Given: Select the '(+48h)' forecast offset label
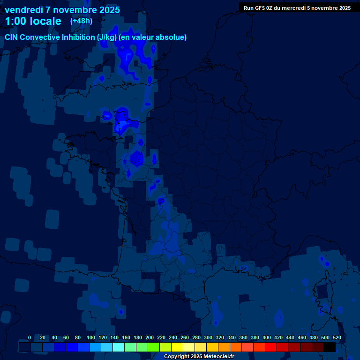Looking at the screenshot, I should click(x=81, y=21).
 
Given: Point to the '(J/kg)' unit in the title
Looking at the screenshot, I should click(x=107, y=37).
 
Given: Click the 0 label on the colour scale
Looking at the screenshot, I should click(x=30, y=337).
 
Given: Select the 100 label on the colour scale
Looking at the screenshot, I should click(x=91, y=337).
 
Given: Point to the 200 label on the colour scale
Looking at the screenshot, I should click(x=150, y=337).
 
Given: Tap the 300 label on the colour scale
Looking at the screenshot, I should click(x=208, y=337).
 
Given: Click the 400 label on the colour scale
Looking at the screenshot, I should click(x=267, y=337).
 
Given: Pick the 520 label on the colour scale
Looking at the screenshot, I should click(x=337, y=337).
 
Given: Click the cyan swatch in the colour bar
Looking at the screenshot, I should click(x=119, y=347).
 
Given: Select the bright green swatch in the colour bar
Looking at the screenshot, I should click(x=154, y=347).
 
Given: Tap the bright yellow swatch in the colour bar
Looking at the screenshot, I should click(x=177, y=347).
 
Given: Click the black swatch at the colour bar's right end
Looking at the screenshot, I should click(x=330, y=347).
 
